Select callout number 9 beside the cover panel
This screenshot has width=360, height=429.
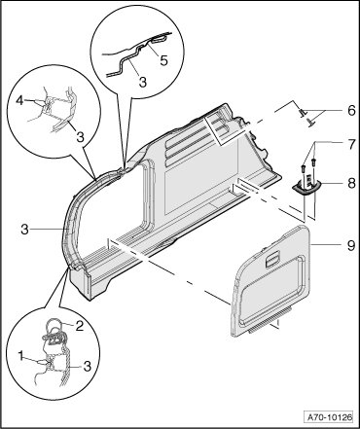(x=350, y=245)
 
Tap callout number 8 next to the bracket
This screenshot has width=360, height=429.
(x=351, y=184)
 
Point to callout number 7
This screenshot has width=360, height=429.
(x=351, y=145)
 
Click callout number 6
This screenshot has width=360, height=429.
(x=351, y=111)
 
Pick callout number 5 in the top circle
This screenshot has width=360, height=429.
(x=164, y=60)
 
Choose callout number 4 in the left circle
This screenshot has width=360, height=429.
(x=20, y=101)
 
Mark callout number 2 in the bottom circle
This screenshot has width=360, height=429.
(x=80, y=326)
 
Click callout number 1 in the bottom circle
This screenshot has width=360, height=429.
(x=21, y=357)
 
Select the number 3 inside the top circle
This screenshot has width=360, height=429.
(x=143, y=82)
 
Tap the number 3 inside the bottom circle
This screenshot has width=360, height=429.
(x=87, y=367)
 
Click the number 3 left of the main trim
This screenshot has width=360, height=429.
(x=25, y=230)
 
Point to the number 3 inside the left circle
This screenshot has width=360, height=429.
(x=80, y=136)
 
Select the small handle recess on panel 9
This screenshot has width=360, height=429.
(x=272, y=260)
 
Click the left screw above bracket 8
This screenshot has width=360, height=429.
(x=304, y=168)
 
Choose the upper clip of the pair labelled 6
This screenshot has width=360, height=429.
(x=303, y=112)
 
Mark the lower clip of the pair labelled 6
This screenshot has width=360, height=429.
(x=311, y=123)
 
